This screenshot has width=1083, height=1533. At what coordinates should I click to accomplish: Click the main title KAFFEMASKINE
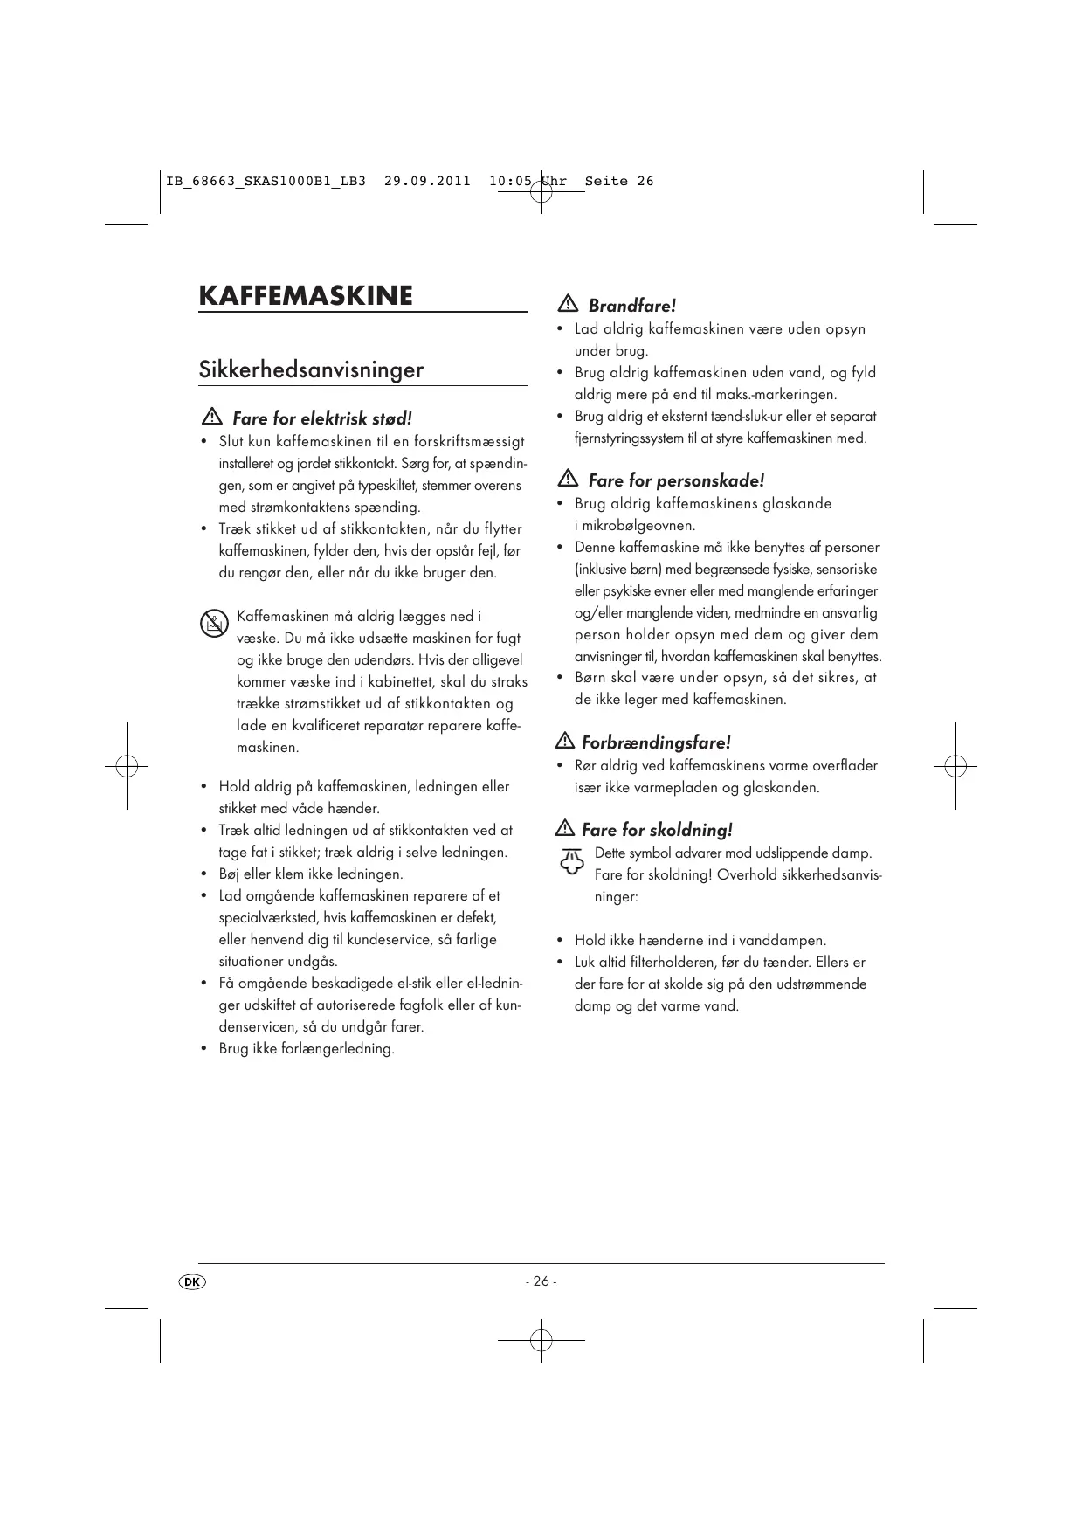(x=306, y=295)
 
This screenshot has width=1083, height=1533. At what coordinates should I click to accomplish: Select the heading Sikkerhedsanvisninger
(x=311, y=369)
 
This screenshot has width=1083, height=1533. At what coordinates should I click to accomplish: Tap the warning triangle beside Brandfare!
(x=567, y=304)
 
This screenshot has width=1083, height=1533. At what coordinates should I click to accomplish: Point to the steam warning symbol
(x=571, y=862)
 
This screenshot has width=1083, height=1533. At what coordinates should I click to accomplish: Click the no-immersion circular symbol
(x=214, y=625)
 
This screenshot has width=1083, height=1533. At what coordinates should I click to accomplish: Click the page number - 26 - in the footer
(x=541, y=1281)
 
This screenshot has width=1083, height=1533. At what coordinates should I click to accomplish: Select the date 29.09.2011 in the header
(x=427, y=182)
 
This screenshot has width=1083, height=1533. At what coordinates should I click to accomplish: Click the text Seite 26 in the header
(x=619, y=182)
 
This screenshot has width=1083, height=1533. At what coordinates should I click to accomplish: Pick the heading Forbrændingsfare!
(x=656, y=742)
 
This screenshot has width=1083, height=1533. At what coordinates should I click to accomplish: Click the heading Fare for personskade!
(x=676, y=480)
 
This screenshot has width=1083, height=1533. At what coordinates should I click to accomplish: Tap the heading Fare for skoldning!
(x=657, y=830)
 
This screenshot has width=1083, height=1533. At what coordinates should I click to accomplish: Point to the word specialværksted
(x=269, y=918)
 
